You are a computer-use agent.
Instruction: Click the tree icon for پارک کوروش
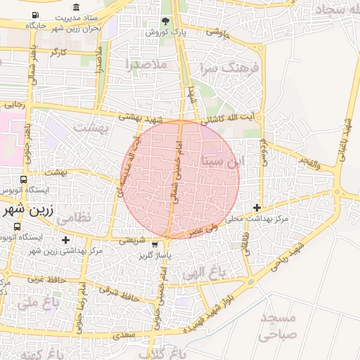tap(165, 21)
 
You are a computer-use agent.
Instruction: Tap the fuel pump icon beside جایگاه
tap(35, 15)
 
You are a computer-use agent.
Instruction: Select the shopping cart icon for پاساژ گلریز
tap(155, 245)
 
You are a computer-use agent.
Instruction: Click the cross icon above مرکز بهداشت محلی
tap(257, 207)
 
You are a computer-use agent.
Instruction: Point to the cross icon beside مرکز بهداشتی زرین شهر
tap(65, 240)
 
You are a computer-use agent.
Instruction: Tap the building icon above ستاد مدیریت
tap(76, 7)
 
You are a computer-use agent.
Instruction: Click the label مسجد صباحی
tap(280, 327)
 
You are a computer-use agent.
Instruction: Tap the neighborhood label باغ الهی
tap(198, 271)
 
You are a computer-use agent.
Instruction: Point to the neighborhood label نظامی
tap(72, 219)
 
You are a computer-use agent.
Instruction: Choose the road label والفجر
tap(307, 165)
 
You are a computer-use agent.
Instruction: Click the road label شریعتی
tap(132, 239)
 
